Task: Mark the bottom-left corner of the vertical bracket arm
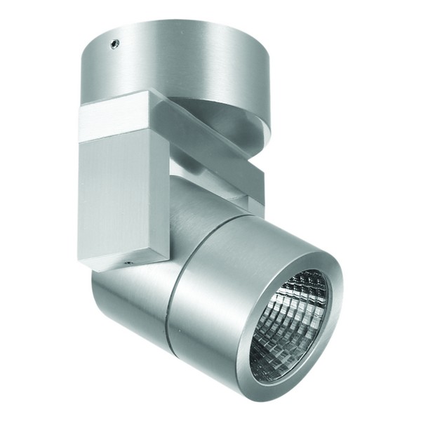tap(79, 265)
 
